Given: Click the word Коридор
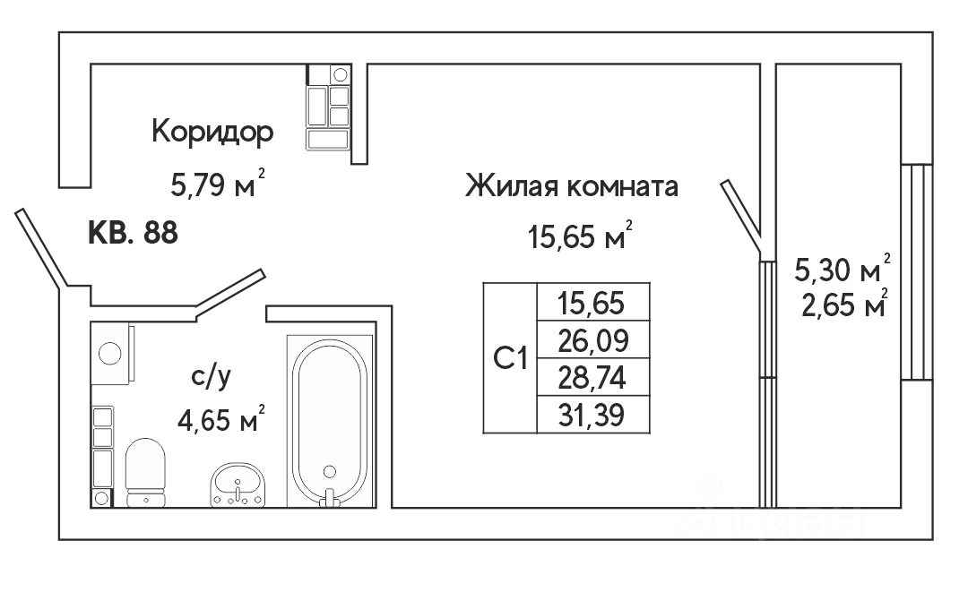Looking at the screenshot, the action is (212, 133).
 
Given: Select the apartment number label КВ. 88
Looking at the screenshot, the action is (133, 233).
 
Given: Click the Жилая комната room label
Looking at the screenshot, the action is (572, 187).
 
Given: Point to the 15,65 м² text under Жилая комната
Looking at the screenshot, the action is (579, 238).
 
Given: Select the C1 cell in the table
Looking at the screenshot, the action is (510, 358).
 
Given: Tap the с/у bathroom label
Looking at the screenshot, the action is (212, 377).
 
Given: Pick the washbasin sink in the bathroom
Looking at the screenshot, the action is (238, 486).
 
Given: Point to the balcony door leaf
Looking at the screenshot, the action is (742, 215).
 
